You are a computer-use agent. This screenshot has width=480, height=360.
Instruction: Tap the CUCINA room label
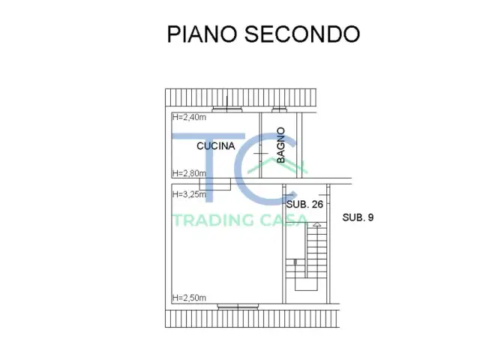tap(216, 146)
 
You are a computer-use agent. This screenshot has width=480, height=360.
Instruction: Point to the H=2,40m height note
tap(189, 117)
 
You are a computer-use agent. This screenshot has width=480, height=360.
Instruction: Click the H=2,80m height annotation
tap(189, 173)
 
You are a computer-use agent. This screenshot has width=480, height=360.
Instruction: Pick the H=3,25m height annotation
tap(189, 194)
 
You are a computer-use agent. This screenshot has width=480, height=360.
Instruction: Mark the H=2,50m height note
tap(189, 298)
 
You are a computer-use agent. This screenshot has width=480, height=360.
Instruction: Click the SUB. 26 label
tap(304, 203)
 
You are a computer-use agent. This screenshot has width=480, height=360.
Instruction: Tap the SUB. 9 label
tap(358, 217)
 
